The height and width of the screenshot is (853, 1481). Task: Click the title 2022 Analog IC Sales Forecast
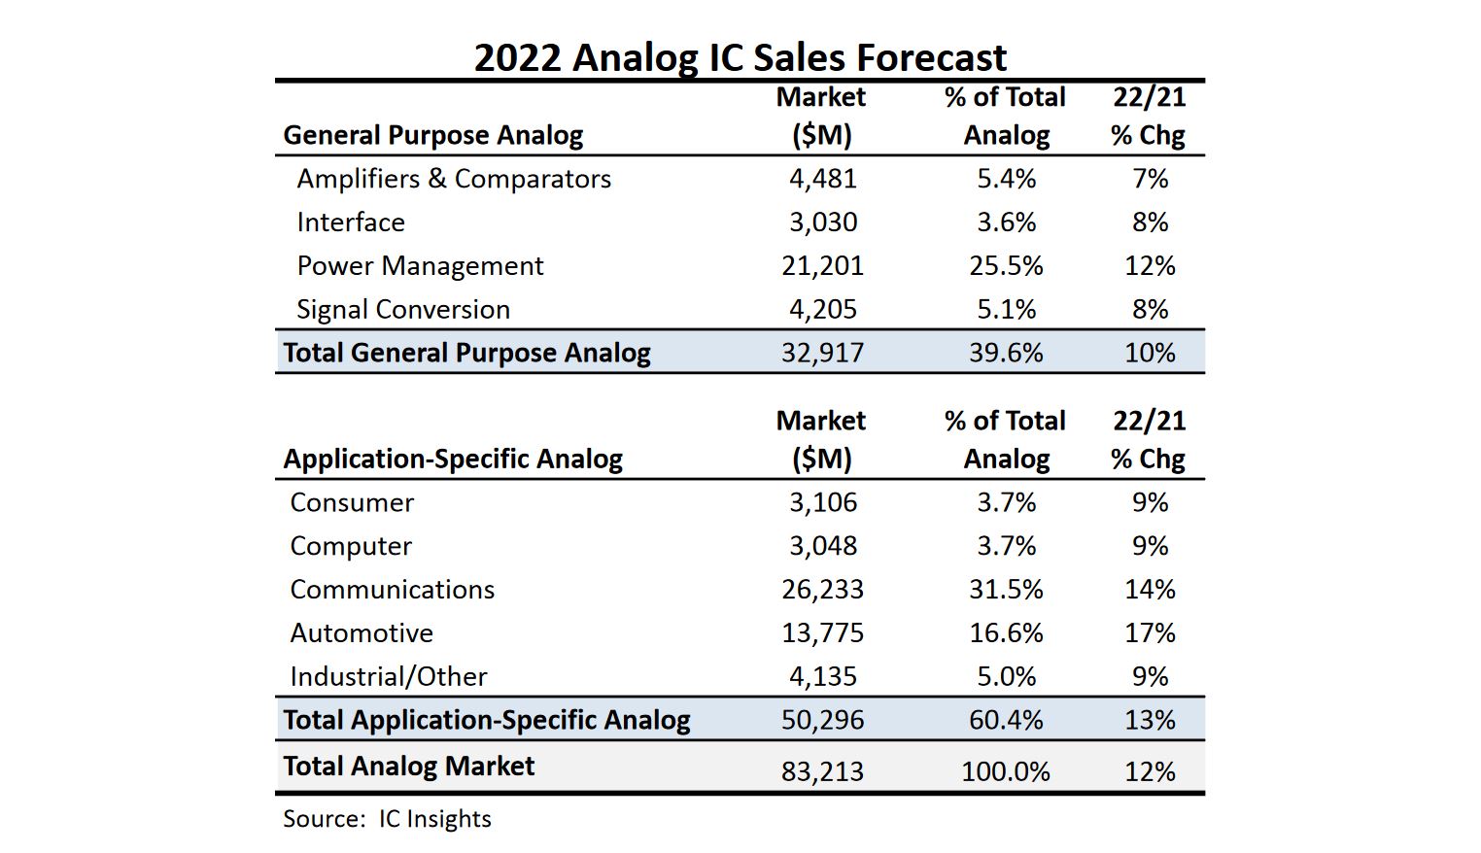tap(740, 57)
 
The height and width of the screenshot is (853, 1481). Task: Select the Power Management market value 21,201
tap(822, 266)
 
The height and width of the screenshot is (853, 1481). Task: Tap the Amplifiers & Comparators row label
tap(454, 179)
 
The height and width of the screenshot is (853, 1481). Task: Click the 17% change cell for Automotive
tap(1150, 633)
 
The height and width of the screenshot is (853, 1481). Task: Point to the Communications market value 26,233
tap(822, 590)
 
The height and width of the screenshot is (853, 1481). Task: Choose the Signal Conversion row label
tap(403, 310)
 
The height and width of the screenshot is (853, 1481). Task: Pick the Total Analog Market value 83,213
tap(822, 771)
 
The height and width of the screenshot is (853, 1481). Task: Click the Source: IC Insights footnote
tap(387, 819)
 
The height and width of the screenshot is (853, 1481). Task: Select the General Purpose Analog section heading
tap(433, 135)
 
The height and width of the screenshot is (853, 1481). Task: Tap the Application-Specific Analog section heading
tap(453, 459)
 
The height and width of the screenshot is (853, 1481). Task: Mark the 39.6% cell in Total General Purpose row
tap(1006, 353)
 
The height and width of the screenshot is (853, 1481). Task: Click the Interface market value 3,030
tap(822, 222)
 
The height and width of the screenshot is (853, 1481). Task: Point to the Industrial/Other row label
tap(389, 677)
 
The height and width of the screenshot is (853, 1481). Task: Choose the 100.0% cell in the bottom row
tap(1006, 771)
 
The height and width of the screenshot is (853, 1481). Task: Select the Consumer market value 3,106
tap(822, 502)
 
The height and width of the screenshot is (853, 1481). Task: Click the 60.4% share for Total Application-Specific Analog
tap(1006, 720)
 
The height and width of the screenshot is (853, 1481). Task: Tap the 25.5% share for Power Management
tap(1006, 266)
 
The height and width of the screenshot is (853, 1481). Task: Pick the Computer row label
tap(351, 546)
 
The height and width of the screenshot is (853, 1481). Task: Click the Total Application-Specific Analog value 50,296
tap(822, 720)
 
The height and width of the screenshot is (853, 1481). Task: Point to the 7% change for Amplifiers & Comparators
tap(1150, 179)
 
